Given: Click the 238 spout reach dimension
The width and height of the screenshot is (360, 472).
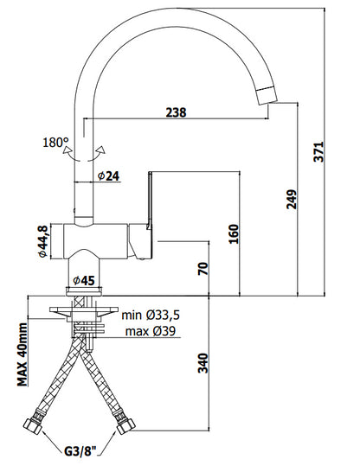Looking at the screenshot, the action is (x=177, y=112).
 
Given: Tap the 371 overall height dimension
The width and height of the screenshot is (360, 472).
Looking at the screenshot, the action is (x=318, y=151).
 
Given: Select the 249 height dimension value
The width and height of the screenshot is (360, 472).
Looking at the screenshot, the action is (x=292, y=199).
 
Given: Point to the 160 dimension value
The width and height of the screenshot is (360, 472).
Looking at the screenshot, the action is (x=234, y=233).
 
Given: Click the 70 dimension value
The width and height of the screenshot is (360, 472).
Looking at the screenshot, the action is (x=203, y=269).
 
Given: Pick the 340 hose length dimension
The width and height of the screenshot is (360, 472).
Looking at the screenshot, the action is (x=203, y=363).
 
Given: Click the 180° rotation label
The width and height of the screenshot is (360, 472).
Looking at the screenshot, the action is (x=55, y=143).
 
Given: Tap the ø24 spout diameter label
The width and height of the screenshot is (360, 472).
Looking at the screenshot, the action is (x=109, y=176).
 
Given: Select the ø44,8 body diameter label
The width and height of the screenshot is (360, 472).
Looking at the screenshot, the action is (x=42, y=241).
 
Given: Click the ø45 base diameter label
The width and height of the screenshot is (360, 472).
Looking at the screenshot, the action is (x=84, y=281).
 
